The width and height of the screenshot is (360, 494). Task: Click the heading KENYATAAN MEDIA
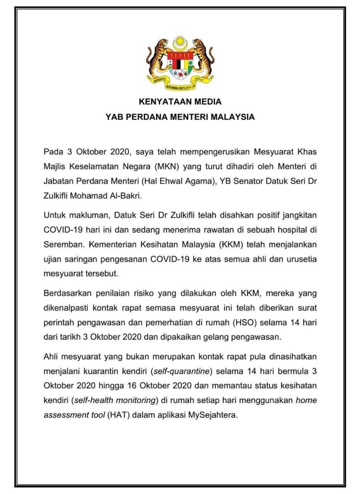coord(180,102)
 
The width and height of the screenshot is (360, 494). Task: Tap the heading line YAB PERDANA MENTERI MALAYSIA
coord(180,117)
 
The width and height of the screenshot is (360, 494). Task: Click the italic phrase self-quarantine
coord(182,372)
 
